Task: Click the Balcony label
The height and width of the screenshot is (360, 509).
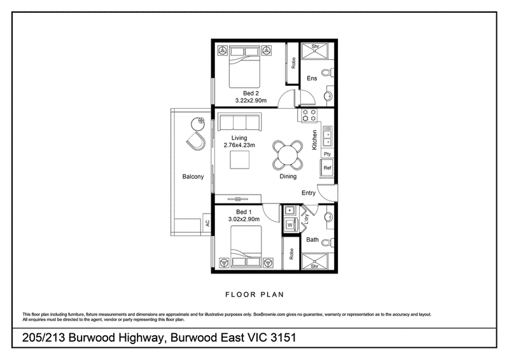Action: tap(193, 177)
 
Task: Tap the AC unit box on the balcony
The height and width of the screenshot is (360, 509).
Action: tap(207, 223)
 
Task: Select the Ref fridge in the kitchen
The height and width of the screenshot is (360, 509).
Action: tap(327, 168)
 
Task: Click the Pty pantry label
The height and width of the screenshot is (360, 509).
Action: tap(327, 154)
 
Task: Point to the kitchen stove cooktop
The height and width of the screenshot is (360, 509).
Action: tap(309, 115)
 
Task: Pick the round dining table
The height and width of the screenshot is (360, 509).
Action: tap(288, 155)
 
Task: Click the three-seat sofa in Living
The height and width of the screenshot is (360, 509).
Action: tap(240, 122)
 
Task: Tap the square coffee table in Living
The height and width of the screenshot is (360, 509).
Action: tap(240, 160)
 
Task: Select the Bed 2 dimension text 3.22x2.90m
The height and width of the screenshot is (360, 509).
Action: tap(251, 100)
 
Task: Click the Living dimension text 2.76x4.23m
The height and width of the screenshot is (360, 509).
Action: tap(239, 145)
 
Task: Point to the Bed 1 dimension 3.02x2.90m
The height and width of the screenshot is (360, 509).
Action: tap(244, 219)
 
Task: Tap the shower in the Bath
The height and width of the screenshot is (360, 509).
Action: tap(314, 261)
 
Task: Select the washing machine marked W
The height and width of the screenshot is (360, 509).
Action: tap(290, 225)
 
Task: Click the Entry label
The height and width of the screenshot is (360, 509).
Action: tap(309, 193)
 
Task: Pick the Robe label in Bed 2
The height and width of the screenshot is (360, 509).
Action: tap(293, 63)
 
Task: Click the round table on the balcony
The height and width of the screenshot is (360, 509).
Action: tap(198, 123)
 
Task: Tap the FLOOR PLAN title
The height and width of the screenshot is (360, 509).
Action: tap(255, 294)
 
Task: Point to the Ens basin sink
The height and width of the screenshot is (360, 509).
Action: tap(328, 95)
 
